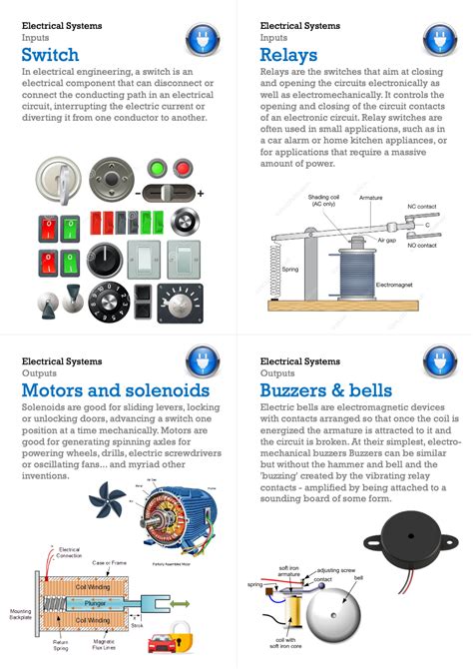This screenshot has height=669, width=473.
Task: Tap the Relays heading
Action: pyautogui.click(x=288, y=54)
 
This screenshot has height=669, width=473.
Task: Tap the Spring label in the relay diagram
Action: pyautogui.click(x=290, y=270)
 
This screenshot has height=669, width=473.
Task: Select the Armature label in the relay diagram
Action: pyautogui.click(x=371, y=199)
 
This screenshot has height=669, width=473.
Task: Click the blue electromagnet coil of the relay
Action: pyautogui.click(x=355, y=270)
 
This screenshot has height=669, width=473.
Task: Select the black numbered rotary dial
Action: pyautogui.click(x=106, y=299)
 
